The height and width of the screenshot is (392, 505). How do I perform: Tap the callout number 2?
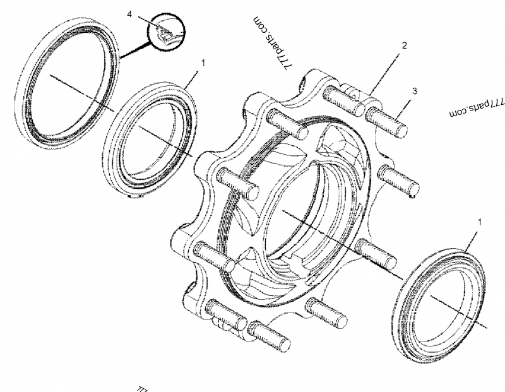(404, 45)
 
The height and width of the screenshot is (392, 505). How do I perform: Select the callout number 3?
(414, 92)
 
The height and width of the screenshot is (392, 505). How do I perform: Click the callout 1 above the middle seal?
(203, 63)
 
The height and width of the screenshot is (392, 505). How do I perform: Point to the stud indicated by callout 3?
(386, 121)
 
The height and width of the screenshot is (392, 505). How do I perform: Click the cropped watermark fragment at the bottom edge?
(143, 386)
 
